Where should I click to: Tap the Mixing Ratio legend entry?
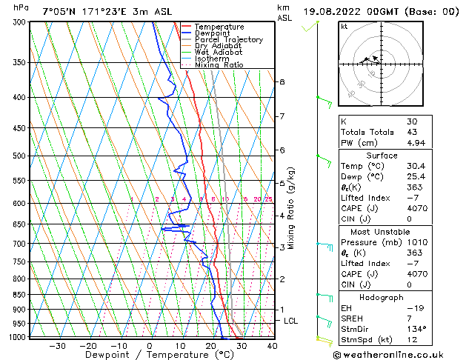point(223,65)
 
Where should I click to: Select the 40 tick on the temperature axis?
point(273,346)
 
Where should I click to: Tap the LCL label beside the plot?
point(291,321)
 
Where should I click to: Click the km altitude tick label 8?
point(282,81)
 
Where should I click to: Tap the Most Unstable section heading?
point(381,231)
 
